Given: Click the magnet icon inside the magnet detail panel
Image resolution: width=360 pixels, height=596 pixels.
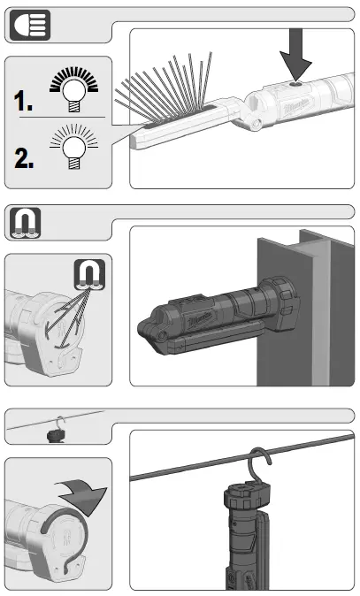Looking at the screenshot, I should (90, 274).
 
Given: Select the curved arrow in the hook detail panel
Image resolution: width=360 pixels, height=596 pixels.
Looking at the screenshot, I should (84, 491).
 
